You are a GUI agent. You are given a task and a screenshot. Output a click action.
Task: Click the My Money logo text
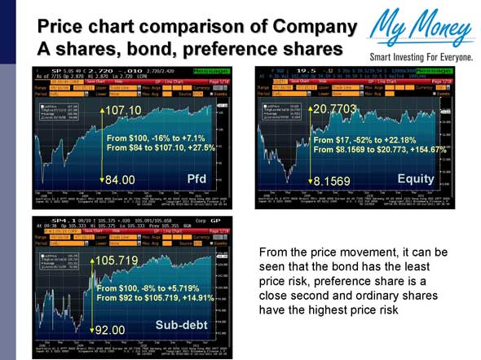click(420, 31)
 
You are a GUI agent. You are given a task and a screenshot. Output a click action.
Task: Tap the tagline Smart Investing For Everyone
click(421, 58)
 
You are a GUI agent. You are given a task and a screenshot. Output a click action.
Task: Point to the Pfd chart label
click(197, 178)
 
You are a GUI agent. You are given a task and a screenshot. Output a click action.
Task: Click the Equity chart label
click(416, 178)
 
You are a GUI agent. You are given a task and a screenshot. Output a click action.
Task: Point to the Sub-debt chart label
click(182, 325)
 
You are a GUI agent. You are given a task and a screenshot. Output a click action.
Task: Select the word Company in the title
click(313, 28)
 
